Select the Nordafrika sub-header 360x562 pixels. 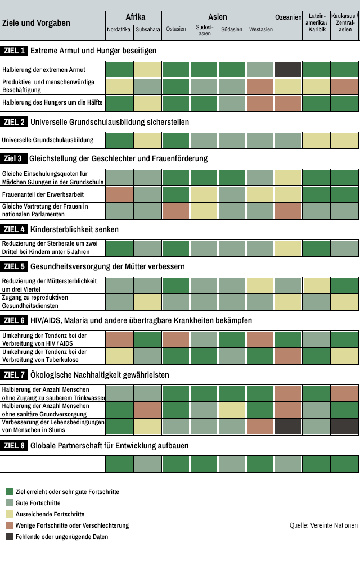tap(119, 29)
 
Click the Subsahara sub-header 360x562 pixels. tap(147, 29)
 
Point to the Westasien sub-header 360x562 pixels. tap(260, 29)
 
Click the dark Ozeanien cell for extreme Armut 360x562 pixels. tap(289, 70)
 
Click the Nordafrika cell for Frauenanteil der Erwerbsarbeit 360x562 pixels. tap(119, 194)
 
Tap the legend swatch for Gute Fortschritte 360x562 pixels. tap(9, 503)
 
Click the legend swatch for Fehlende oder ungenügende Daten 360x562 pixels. tap(9, 537)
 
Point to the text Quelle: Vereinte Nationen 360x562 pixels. tap(323, 525)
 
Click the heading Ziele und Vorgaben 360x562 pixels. tap(36, 23)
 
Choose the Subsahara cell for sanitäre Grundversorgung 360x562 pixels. tap(147, 410)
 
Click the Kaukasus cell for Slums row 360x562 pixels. tap(344, 427)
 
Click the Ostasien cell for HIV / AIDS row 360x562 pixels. tap(175, 339)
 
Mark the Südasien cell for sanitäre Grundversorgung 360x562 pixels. tap(232, 410)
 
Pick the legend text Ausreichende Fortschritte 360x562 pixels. tap(50, 514)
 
